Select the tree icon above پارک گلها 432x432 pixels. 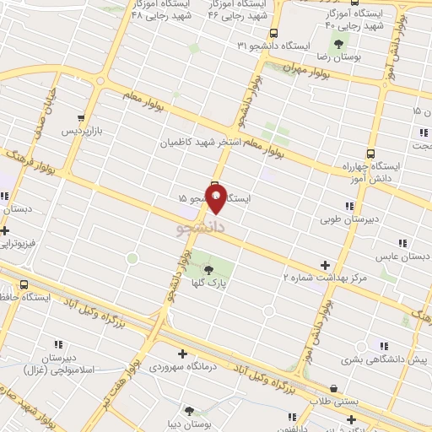208,270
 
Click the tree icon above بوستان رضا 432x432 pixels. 339,43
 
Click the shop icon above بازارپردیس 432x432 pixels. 81,118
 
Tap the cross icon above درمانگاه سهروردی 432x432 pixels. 181,354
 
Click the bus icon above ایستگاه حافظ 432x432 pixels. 24,284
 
